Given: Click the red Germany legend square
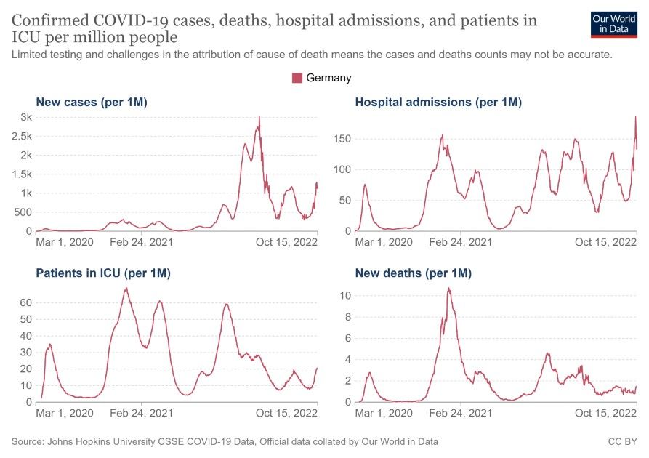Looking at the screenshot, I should (297, 78).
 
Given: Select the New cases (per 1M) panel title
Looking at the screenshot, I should (92, 103).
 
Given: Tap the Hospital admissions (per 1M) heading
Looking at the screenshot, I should (438, 103).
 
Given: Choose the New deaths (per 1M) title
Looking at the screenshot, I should (414, 273).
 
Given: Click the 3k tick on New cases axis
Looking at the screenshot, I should (25, 118).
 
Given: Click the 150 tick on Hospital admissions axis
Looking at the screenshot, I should (342, 138).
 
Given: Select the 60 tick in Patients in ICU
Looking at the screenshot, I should (26, 302).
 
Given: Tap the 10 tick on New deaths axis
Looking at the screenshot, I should (346, 296).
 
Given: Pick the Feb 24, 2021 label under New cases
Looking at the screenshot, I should (142, 242).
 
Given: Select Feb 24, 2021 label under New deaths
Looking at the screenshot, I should (461, 413).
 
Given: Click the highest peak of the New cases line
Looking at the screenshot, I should (259, 118).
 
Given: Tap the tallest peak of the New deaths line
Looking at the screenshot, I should (448, 289).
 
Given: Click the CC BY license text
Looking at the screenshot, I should (622, 441).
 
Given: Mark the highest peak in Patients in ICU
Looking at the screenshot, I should (126, 289).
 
